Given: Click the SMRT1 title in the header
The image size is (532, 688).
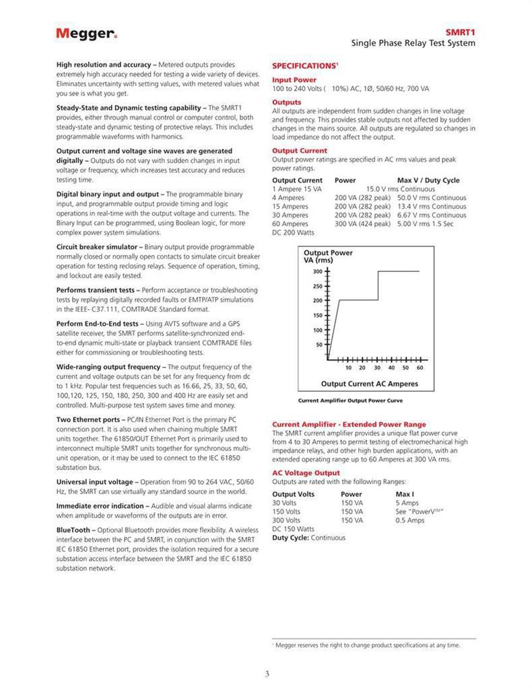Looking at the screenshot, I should click(x=461, y=32).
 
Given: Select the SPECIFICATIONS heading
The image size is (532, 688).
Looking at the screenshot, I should click(x=304, y=66).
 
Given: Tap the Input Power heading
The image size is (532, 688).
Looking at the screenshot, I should click(x=294, y=80).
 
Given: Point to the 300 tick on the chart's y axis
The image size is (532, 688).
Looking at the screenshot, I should click(x=318, y=271).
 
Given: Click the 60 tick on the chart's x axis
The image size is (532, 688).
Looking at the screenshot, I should click(x=420, y=368).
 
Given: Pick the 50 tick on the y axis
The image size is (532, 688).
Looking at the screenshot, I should click(x=319, y=345).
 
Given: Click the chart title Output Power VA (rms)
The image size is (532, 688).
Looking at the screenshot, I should click(x=328, y=256).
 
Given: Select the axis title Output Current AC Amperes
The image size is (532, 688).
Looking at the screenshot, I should click(x=369, y=384).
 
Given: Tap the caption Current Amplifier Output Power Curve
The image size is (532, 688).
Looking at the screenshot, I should click(x=350, y=401).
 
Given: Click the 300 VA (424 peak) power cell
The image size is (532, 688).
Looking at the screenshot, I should click(x=362, y=223).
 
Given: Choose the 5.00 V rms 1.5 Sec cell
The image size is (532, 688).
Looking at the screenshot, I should click(x=425, y=223).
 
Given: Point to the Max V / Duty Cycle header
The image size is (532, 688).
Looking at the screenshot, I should click(x=428, y=180).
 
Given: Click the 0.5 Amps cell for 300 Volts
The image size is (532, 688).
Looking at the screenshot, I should click(x=409, y=520).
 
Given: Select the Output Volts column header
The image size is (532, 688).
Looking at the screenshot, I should click(x=293, y=494).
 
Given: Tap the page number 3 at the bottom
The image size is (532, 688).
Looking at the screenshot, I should click(x=267, y=674).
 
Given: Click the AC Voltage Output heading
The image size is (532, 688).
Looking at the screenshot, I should click(x=306, y=473).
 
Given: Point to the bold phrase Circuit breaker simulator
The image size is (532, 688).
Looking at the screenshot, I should click(x=98, y=247).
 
